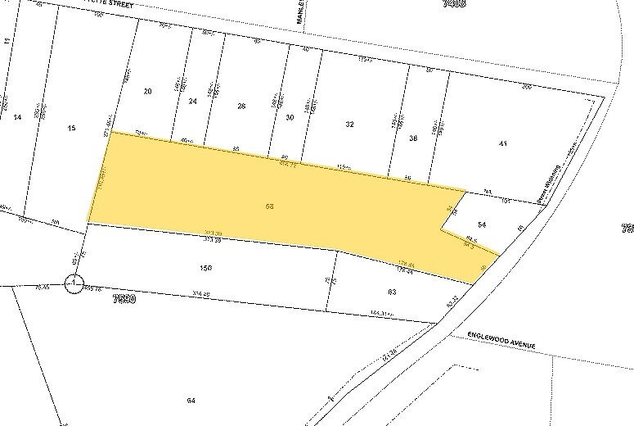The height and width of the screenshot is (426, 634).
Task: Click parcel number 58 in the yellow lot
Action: tap(269, 206)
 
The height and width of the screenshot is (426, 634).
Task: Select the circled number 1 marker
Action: tap(74, 283)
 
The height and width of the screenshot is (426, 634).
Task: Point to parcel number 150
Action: tap(206, 267)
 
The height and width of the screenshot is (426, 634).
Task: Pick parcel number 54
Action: tap(482, 224)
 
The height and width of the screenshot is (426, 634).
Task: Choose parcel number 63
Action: tap(392, 291)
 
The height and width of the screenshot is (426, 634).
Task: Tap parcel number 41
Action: tap(503, 144)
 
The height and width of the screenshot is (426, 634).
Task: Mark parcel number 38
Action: tap(413, 139)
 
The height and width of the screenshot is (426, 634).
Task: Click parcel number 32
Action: tap(349, 124)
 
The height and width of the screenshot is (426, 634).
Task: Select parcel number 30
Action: tap(290, 117)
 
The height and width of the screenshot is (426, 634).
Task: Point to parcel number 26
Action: tap(241, 106)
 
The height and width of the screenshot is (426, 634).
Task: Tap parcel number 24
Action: tap(193, 101)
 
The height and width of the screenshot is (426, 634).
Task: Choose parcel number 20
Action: tap(147, 91)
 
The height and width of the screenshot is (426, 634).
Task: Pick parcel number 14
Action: tap(17, 117)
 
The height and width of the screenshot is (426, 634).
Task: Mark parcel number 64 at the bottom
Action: tap(191, 400)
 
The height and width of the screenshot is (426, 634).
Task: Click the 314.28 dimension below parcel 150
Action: tap(201, 295)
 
